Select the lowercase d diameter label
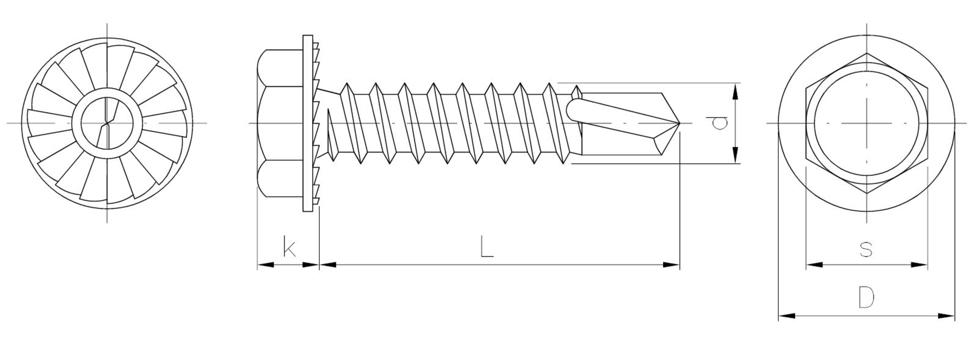click(719, 123)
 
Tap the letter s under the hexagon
click(866, 249)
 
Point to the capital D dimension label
click(866, 298)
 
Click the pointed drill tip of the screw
click(679, 122)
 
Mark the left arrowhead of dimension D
click(786, 316)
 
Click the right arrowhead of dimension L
click(671, 265)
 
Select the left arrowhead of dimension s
click(814, 265)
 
